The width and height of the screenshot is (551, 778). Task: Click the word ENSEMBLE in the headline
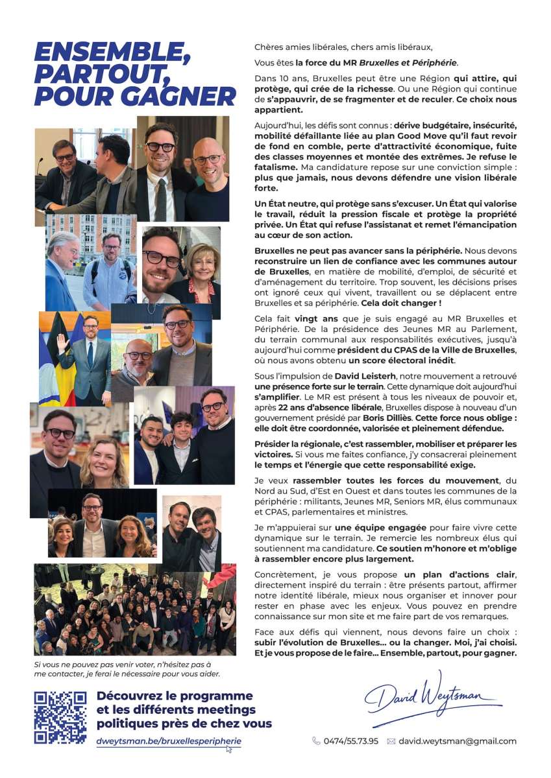point(112,53)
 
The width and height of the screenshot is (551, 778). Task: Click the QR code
point(60,716)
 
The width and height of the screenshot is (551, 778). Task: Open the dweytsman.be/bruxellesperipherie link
point(169,740)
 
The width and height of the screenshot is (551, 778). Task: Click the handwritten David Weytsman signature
point(432,697)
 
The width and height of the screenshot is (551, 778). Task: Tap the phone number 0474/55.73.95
point(350,741)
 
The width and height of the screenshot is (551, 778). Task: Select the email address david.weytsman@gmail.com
point(458,741)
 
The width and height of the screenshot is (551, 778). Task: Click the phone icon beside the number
point(316,741)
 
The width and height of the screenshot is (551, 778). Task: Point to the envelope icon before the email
point(391,741)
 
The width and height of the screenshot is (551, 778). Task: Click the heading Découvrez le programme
point(175,696)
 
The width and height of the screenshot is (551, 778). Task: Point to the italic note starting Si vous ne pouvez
point(127,668)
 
